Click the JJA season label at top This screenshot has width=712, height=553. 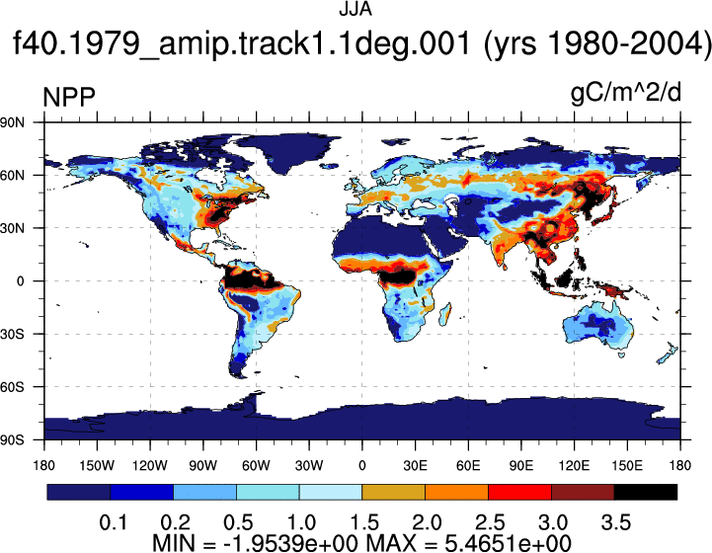356,9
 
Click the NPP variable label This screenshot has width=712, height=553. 69,96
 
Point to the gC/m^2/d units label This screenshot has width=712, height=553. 626,93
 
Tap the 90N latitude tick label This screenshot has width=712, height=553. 12,122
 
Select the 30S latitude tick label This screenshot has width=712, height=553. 12,334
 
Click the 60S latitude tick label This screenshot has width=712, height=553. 12,387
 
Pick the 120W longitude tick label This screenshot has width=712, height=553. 150,465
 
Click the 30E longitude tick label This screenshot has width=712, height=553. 415,465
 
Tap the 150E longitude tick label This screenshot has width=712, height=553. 627,465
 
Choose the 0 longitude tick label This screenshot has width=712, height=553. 361,465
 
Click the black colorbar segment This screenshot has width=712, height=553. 645,492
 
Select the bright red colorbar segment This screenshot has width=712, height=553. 519,492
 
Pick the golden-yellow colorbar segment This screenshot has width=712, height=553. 393,492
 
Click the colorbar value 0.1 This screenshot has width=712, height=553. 113,522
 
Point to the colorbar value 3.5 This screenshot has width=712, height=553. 616,522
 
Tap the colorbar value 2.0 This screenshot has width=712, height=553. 427,522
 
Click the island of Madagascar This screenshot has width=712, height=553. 445,314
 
